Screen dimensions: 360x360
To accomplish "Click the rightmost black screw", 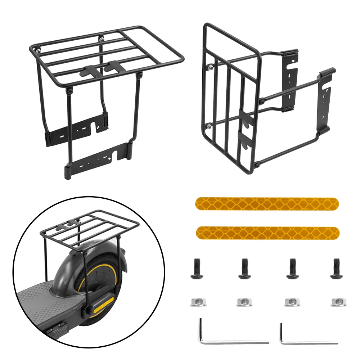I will [336, 268].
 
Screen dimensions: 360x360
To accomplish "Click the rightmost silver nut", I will [338, 302].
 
